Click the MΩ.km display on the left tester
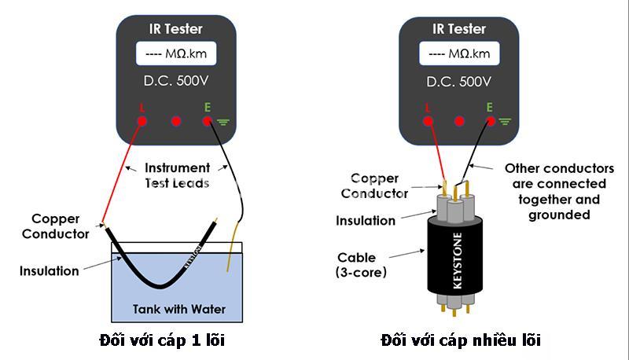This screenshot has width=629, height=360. (x=176, y=53)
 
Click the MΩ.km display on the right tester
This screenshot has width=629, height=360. (x=459, y=53)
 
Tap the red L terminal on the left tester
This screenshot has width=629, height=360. (x=142, y=121)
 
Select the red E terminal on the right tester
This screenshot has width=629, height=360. (x=490, y=121)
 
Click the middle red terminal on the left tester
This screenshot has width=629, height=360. (x=176, y=121)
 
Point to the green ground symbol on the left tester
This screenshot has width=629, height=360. (x=223, y=122)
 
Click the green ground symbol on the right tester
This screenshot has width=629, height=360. (x=505, y=122)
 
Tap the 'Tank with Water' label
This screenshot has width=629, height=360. (x=179, y=309)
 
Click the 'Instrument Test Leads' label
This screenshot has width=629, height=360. (x=178, y=175)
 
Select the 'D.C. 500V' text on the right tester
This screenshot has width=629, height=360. (x=458, y=82)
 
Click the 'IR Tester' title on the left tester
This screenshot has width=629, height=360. (x=175, y=29)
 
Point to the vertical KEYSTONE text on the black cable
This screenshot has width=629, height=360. (x=458, y=261)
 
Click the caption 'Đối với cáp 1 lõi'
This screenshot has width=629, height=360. (x=162, y=340)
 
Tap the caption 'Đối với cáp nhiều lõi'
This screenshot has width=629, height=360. (x=461, y=340)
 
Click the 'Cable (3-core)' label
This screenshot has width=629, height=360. (x=361, y=265)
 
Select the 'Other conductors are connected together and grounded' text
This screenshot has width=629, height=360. (x=559, y=192)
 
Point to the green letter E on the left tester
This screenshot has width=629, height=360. (x=208, y=108)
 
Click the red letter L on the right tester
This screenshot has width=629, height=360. (x=427, y=108)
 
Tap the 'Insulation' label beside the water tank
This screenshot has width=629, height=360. (x=50, y=271)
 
